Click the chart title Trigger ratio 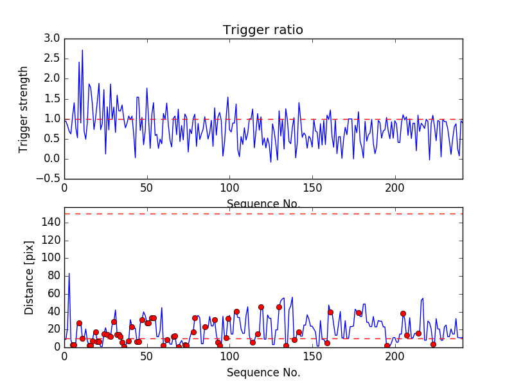click(263, 30)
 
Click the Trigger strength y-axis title click(24, 109)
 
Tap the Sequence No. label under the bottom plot click(263, 372)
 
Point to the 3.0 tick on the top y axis click(52, 39)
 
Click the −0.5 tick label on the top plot click(49, 179)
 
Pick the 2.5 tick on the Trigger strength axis click(52, 59)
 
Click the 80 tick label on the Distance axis click(54, 275)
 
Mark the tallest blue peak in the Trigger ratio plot click(82, 50)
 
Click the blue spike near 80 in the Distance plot click(69, 274)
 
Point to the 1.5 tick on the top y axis click(52, 99)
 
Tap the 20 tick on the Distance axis click(54, 329)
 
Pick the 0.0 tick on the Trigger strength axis click(52, 159)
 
